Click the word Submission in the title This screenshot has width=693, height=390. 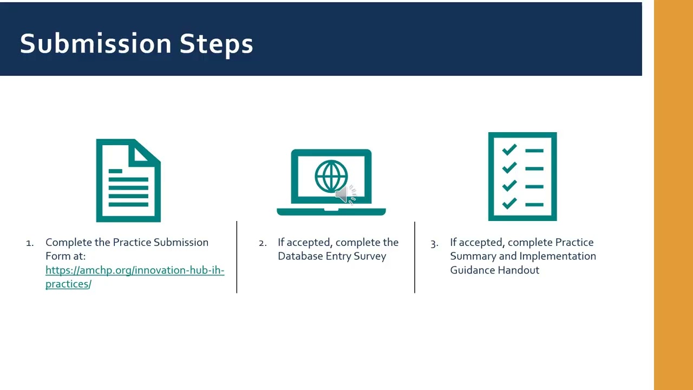click(96, 43)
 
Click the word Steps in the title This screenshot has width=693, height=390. click(216, 45)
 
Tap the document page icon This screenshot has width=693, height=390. click(128, 180)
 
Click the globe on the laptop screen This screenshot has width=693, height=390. click(331, 176)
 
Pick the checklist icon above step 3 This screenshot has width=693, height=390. click(522, 177)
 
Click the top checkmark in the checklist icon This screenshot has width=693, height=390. click(509, 149)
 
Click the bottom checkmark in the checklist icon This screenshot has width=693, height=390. click(509, 203)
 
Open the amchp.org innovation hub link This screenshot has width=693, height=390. click(135, 277)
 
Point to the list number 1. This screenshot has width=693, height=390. click(30, 243)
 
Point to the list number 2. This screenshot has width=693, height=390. click(263, 243)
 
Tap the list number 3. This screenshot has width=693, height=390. click(434, 244)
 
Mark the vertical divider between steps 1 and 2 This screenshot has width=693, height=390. click(237, 257)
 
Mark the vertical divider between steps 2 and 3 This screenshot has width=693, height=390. click(415, 257)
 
